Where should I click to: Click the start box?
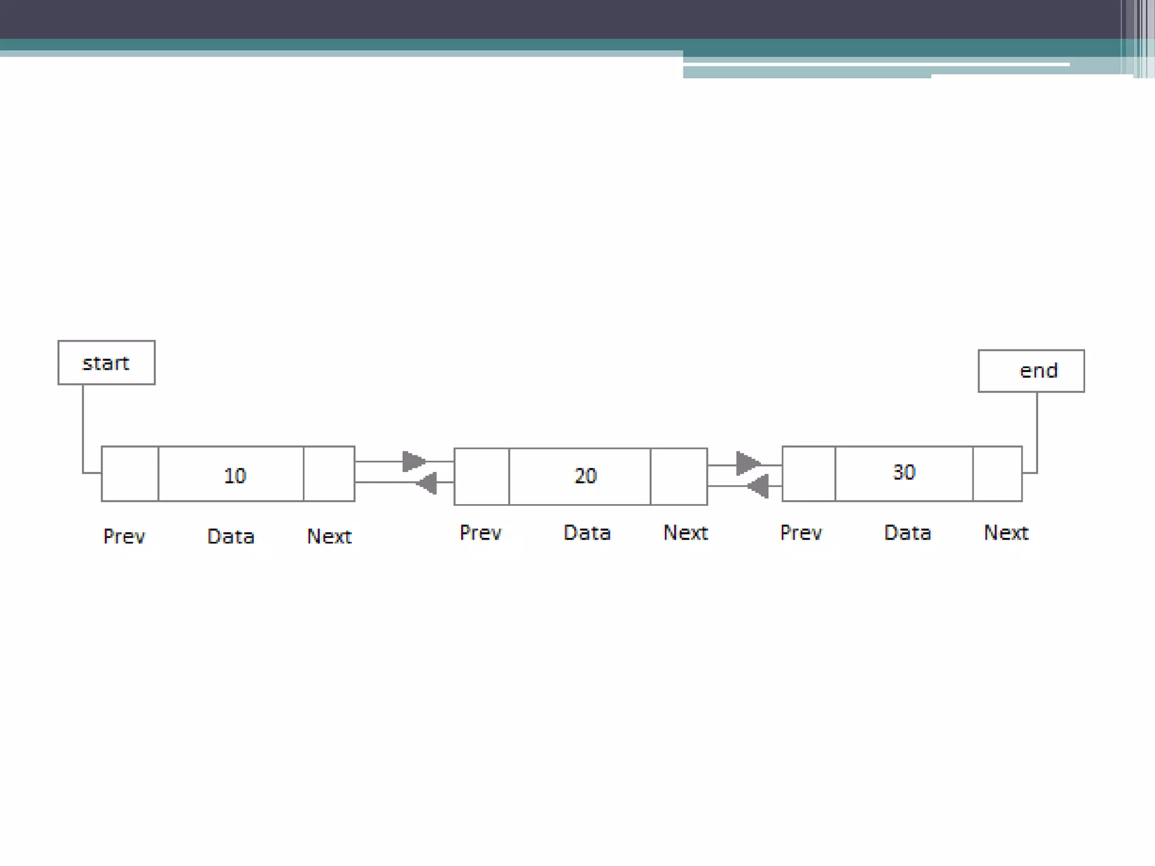pyautogui.click(x=106, y=363)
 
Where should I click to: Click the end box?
pyautogui.click(x=1031, y=370)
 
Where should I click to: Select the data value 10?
pyautogui.click(x=235, y=475)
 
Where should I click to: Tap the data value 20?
pyautogui.click(x=585, y=476)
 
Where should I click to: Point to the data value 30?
pyautogui.click(x=904, y=472)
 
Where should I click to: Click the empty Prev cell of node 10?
pyautogui.click(x=130, y=474)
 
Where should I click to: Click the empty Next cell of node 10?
pyautogui.click(x=329, y=474)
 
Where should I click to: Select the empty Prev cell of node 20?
pyautogui.click(x=482, y=476)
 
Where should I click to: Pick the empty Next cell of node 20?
pyautogui.click(x=679, y=476)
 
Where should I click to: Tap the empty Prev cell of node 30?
pyautogui.click(x=809, y=474)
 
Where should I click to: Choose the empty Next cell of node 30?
pyautogui.click(x=998, y=474)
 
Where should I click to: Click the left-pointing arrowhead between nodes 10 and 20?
pyautogui.click(x=427, y=483)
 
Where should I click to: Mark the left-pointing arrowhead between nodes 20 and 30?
pyautogui.click(x=758, y=486)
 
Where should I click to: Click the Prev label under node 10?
pyautogui.click(x=124, y=536)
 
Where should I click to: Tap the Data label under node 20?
pyautogui.click(x=587, y=533)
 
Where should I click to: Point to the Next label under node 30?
pyautogui.click(x=1006, y=533)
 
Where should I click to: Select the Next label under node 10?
pyautogui.click(x=329, y=536)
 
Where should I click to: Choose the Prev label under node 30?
pyautogui.click(x=801, y=533)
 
